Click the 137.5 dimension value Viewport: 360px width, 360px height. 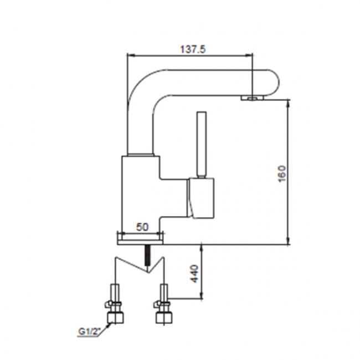click(x=193, y=49)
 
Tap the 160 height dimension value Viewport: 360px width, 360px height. click(x=282, y=173)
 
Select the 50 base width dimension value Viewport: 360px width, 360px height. click(x=142, y=227)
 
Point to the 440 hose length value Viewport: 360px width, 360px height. click(x=194, y=274)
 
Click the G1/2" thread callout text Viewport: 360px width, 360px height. click(x=89, y=332)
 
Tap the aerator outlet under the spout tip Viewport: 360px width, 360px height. click(x=253, y=98)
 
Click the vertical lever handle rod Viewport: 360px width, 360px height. click(x=202, y=144)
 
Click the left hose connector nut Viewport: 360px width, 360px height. click(x=115, y=317)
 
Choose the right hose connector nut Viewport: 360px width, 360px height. click(x=163, y=317)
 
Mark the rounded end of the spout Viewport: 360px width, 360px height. click(x=273, y=83)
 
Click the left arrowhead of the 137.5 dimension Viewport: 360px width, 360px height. click(x=130, y=55)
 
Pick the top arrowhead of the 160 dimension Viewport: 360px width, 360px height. click(x=289, y=102)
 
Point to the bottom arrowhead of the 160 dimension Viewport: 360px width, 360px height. click(x=289, y=241)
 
